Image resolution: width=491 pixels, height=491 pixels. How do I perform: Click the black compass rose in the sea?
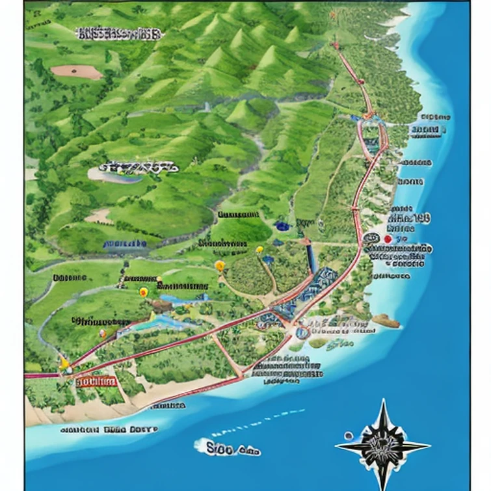click(383, 445)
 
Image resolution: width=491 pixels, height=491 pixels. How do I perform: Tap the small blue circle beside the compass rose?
click(349, 435)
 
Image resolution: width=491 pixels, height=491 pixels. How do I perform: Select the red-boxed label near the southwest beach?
click(96, 381)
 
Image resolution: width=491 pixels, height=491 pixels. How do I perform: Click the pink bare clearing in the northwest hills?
click(76, 72)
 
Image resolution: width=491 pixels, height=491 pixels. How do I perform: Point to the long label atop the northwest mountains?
click(118, 34)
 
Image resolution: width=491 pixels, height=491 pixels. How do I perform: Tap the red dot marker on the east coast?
click(388, 239)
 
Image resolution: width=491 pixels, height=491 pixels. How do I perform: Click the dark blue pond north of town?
click(282, 226)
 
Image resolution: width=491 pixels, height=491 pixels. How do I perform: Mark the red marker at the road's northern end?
click(336, 46)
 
